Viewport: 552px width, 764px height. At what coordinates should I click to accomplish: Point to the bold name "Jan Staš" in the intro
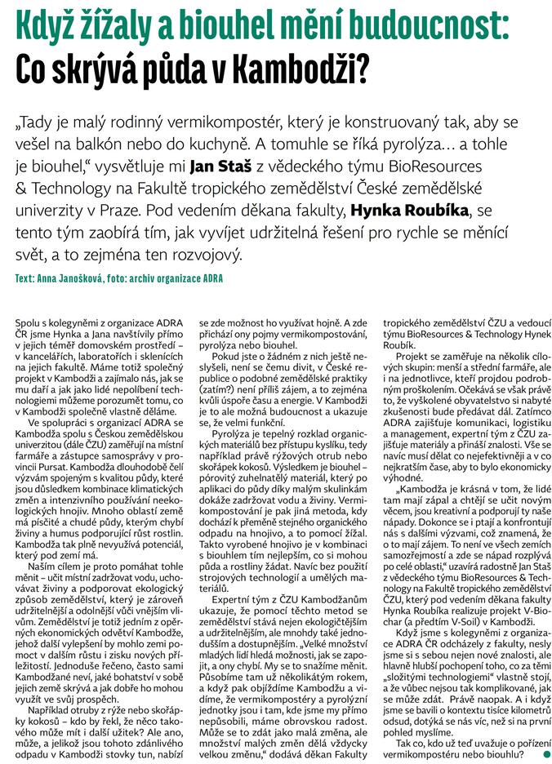pos(217,167)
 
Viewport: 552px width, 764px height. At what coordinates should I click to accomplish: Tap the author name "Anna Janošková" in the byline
pos(73,278)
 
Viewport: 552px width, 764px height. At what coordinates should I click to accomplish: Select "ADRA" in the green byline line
pos(207,278)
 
